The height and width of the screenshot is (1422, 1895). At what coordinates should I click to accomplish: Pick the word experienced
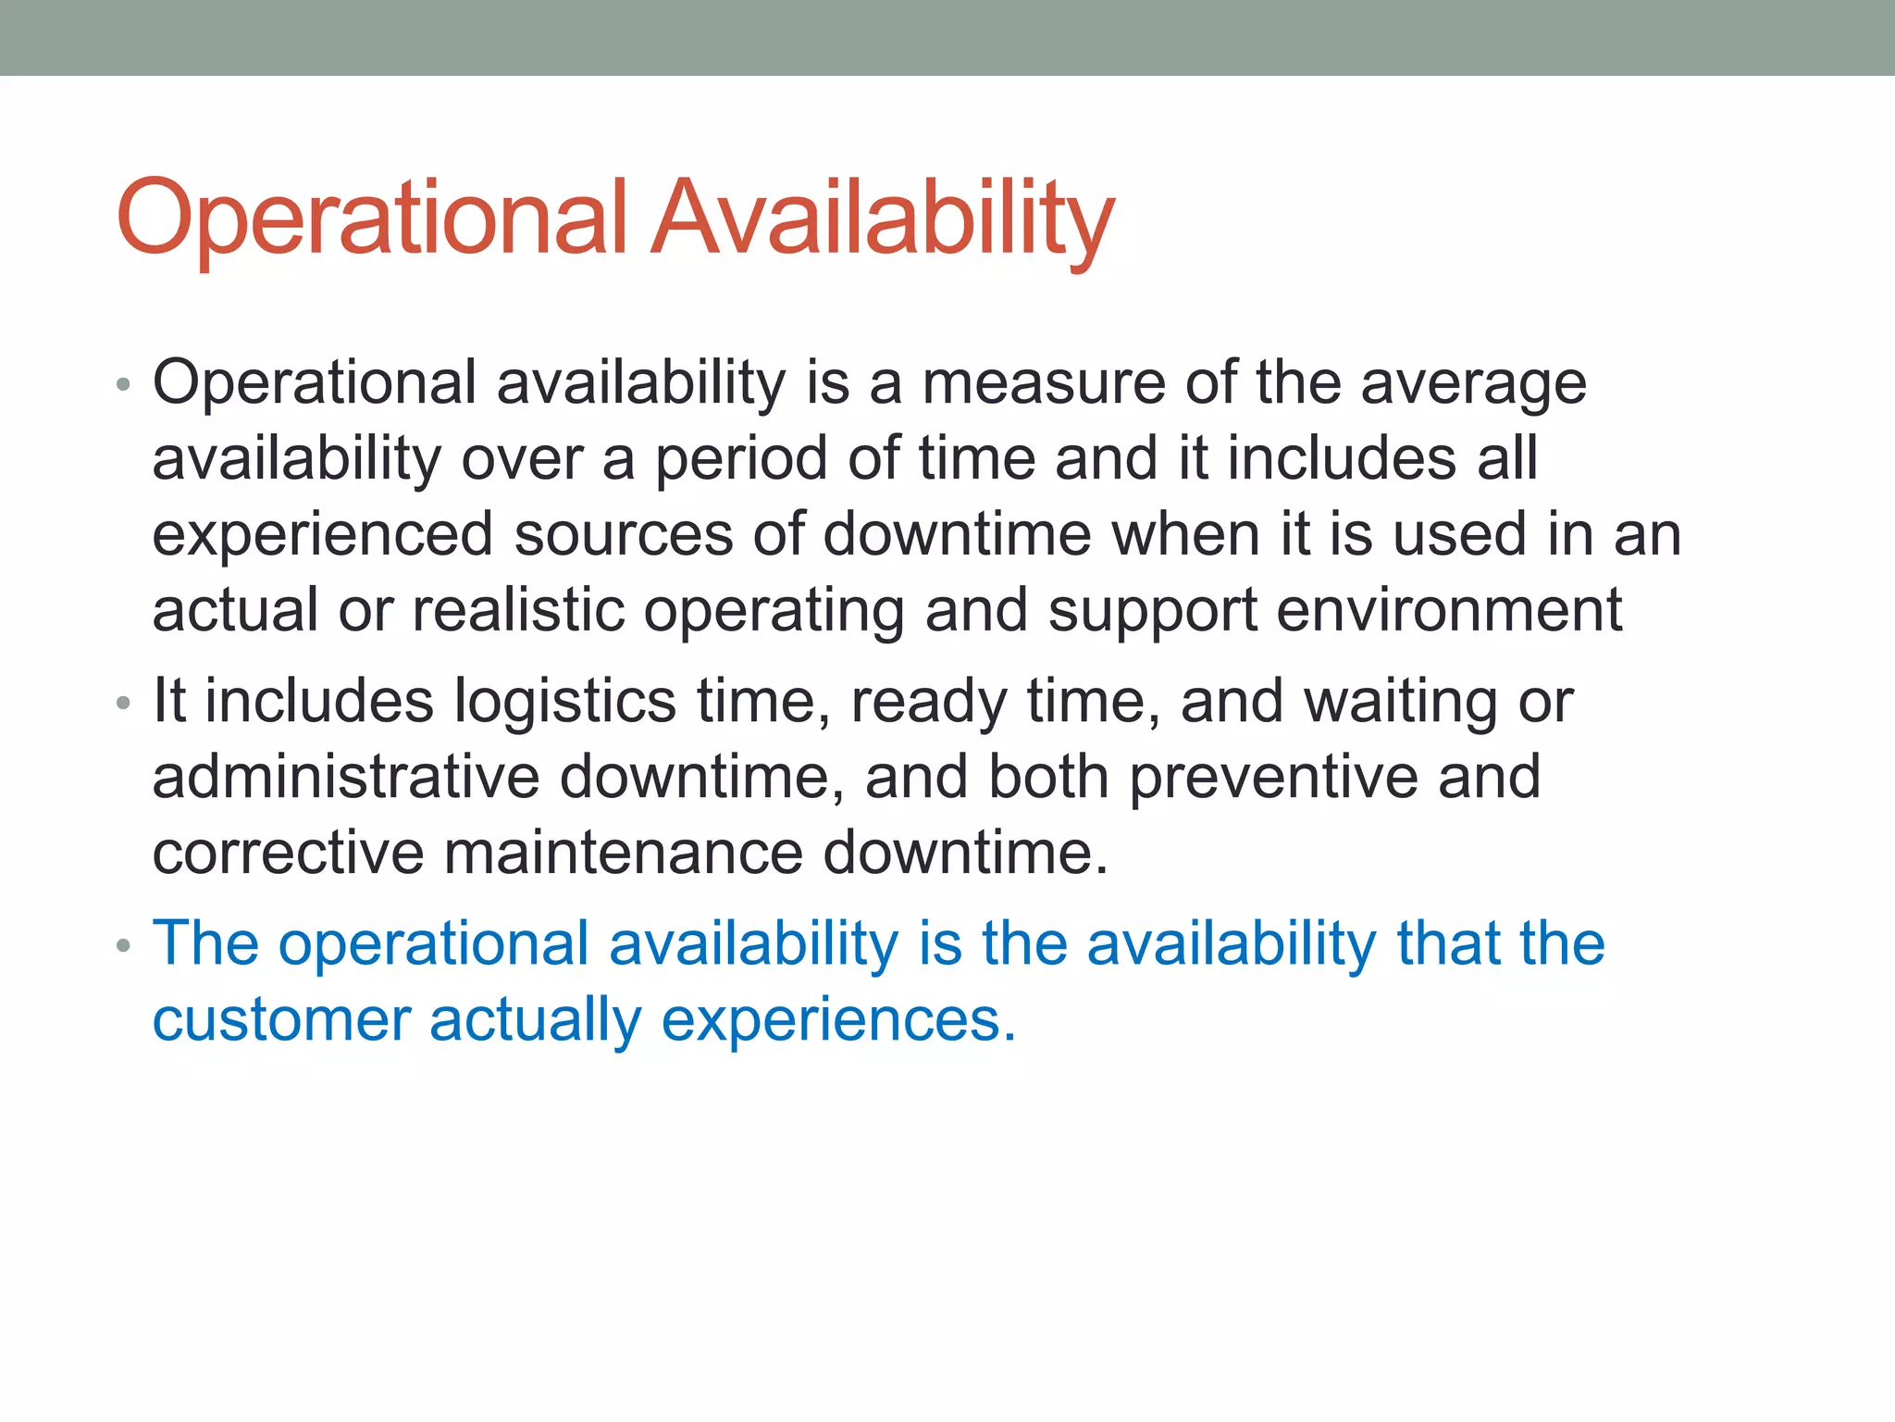(323, 535)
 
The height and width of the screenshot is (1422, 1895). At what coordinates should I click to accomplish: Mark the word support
(1152, 611)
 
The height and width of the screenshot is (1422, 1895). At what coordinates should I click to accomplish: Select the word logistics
(564, 701)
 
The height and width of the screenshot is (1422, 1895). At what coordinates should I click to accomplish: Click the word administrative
(346, 777)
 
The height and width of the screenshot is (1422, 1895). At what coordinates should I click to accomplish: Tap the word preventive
(1273, 777)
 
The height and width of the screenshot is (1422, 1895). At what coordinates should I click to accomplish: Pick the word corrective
(288, 853)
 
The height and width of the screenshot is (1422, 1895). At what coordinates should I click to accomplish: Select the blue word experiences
(838, 1019)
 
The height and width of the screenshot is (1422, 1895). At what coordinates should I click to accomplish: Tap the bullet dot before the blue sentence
(123, 947)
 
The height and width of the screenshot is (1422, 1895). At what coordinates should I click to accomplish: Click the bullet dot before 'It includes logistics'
(123, 704)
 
